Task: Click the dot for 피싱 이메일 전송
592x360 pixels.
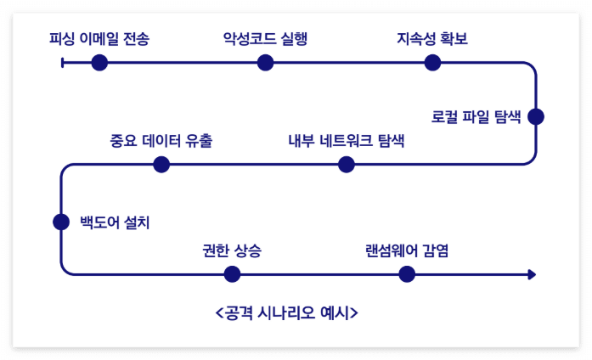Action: click(x=99, y=62)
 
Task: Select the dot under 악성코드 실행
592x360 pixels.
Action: click(x=265, y=62)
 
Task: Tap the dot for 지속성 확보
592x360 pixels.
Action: click(x=432, y=62)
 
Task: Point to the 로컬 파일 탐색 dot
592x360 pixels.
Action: click(x=535, y=116)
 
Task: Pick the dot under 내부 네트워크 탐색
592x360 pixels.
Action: click(x=346, y=165)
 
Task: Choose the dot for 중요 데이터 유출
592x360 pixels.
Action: click(x=161, y=165)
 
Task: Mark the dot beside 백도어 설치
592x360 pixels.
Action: click(x=61, y=222)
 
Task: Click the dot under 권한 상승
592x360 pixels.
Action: click(x=232, y=274)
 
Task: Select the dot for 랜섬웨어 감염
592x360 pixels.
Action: click(x=407, y=274)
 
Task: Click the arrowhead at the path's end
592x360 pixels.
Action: click(x=532, y=274)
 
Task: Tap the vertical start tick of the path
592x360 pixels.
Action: click(x=63, y=62)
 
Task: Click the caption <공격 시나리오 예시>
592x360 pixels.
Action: click(x=287, y=312)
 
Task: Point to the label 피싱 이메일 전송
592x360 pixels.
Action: click(x=99, y=38)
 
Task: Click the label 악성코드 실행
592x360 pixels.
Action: click(x=265, y=38)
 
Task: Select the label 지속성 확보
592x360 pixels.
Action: click(x=432, y=38)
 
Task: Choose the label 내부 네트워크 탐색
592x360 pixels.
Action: click(x=346, y=140)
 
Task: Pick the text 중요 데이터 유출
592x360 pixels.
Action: click(x=161, y=140)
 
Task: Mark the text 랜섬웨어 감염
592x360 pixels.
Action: click(x=407, y=250)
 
